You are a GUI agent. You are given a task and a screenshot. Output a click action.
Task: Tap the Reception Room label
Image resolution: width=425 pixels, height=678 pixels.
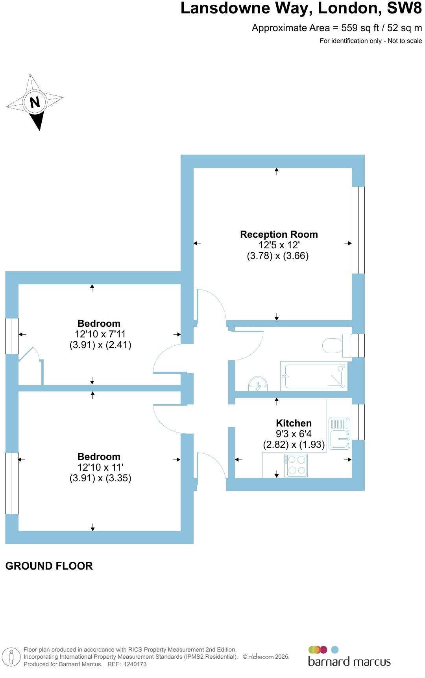pyautogui.click(x=279, y=234)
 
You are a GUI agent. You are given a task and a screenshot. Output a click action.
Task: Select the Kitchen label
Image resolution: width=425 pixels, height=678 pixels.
pyautogui.click(x=294, y=423)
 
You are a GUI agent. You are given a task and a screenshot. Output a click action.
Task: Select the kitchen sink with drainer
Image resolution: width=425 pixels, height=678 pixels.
pyautogui.click(x=339, y=433)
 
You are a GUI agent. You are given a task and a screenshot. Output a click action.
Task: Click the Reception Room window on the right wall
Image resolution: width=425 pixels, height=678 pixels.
pyautogui.click(x=358, y=230)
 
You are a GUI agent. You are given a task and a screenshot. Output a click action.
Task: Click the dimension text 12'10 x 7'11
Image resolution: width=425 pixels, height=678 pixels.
pyautogui.click(x=100, y=334)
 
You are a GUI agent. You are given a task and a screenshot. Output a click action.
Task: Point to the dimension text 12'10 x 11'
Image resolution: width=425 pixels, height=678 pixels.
pyautogui.click(x=100, y=468)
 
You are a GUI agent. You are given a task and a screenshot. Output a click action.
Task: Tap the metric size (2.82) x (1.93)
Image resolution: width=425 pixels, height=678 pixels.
pyautogui.click(x=294, y=445)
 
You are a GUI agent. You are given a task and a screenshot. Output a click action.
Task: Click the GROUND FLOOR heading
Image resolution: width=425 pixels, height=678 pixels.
pyautogui.click(x=49, y=566)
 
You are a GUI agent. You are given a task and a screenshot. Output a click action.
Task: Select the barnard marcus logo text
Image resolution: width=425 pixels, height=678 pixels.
pyautogui.click(x=349, y=661)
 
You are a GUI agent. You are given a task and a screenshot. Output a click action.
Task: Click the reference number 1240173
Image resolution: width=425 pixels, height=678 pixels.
pyautogui.click(x=135, y=664)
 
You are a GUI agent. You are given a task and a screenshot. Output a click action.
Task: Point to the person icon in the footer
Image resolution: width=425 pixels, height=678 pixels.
pyautogui.click(x=12, y=657)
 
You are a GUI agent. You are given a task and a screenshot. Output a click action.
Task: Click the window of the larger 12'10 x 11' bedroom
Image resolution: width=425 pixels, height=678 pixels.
pyautogui.click(x=12, y=483)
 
